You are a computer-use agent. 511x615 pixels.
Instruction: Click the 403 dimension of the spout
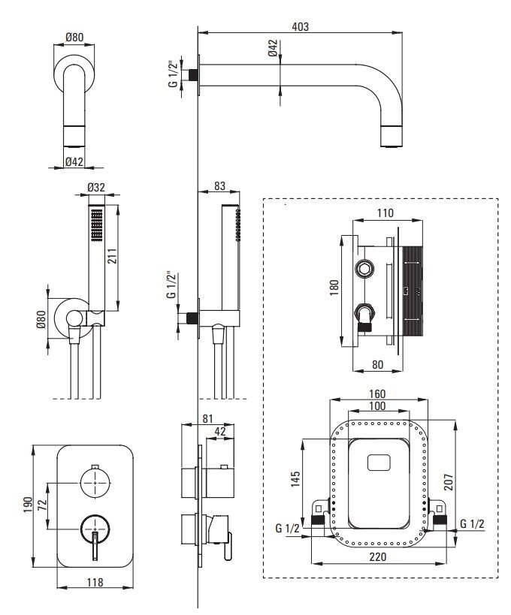(x=301, y=27)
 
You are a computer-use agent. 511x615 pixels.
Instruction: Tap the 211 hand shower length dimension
(x=112, y=256)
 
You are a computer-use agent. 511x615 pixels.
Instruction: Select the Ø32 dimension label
(x=96, y=188)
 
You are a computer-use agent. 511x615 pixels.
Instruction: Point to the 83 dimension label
(x=219, y=185)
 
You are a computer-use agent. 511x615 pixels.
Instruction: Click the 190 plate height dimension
(x=28, y=505)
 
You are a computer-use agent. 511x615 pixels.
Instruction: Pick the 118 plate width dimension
(x=95, y=583)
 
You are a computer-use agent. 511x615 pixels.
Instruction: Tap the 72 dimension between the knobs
(x=42, y=505)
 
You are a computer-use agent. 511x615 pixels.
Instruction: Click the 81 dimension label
(x=207, y=419)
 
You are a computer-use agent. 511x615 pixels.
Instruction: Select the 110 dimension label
(x=385, y=213)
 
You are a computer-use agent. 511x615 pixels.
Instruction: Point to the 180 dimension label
(x=334, y=288)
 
